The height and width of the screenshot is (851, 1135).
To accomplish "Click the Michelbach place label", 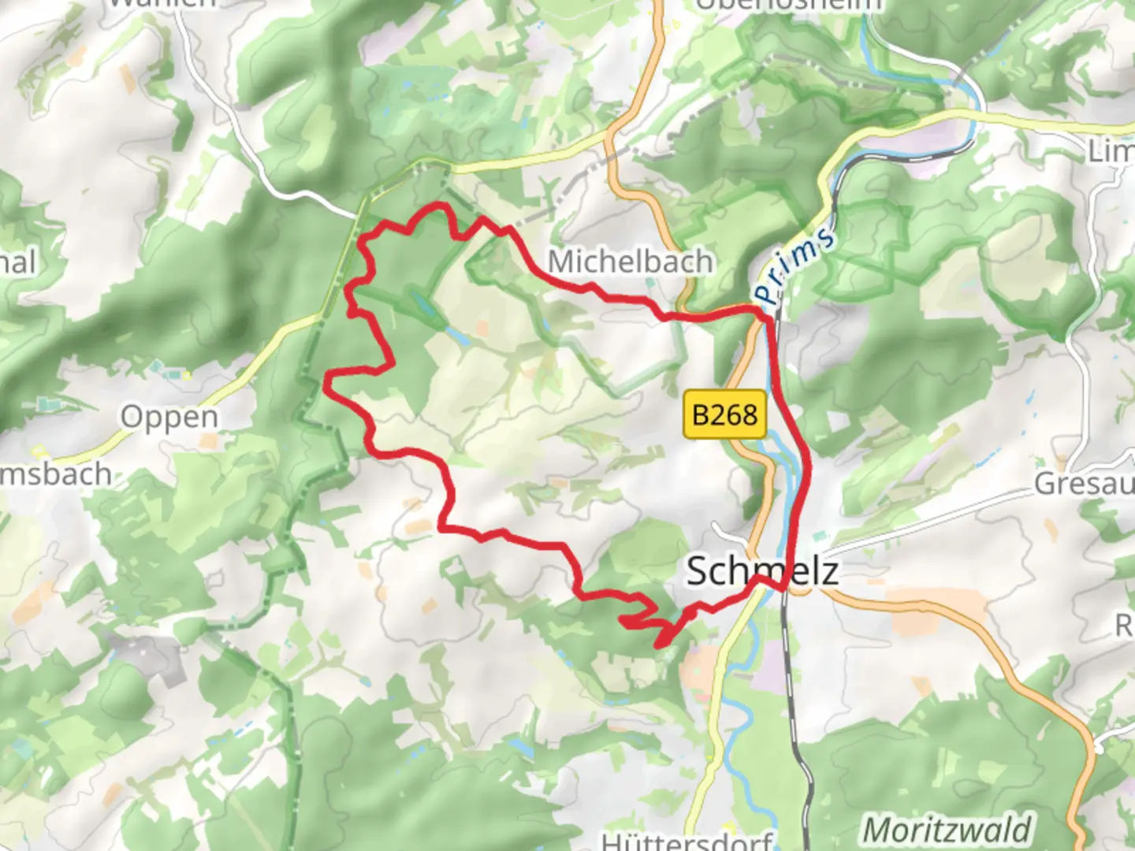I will [x=631, y=261].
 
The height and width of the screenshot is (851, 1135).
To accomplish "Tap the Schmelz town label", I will [x=761, y=570].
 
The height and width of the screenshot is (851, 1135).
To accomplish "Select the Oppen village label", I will [x=169, y=417].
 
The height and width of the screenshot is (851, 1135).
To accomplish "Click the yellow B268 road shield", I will [x=725, y=414].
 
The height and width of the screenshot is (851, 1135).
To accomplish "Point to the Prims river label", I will [x=793, y=265].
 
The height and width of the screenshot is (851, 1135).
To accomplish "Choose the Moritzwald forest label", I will [x=946, y=830].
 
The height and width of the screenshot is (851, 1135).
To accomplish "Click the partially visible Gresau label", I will [x=1084, y=483].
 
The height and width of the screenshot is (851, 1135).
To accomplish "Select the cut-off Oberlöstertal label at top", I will [x=788, y=5].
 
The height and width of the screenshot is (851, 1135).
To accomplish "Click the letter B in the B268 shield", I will [x=701, y=414].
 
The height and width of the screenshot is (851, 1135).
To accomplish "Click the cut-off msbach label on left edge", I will [x=55, y=474].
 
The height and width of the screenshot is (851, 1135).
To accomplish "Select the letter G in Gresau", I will [x=1045, y=483].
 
